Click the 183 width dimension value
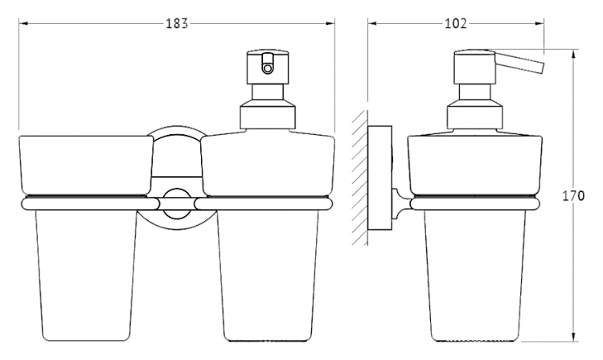point(177,24)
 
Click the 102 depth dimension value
point(456,24)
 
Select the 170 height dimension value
point(573,196)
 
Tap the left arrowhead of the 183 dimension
point(23,24)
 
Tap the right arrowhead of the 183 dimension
point(330,24)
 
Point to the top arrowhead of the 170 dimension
point(573,54)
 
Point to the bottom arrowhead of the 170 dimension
point(573,337)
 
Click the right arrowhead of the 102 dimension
point(539,24)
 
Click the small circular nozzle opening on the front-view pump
point(266,69)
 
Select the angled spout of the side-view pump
point(519,62)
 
